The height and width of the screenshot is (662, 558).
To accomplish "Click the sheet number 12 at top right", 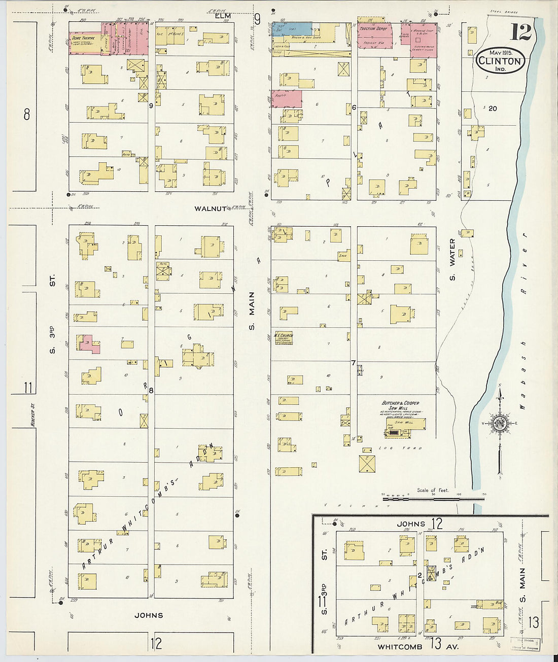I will point(520,32).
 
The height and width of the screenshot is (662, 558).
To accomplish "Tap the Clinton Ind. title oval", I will point(500,62).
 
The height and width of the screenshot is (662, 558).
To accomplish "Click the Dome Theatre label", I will point(83,39).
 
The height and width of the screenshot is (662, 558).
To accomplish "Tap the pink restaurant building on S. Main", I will point(286,98).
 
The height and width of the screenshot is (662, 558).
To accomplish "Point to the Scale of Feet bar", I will point(433,498).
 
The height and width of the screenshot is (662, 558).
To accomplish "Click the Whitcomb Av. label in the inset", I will point(417,646).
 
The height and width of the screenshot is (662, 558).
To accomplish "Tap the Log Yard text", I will point(386,448).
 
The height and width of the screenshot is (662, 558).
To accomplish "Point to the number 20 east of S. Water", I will point(493,108).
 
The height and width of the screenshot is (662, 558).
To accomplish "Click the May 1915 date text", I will point(501,53).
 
